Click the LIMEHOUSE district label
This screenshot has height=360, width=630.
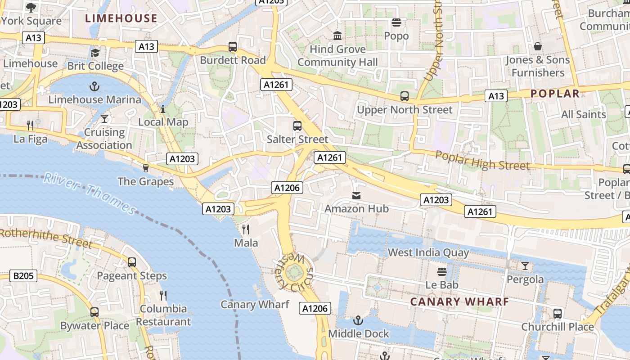[x=121, y=18]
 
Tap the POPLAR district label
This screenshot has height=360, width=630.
[x=555, y=94]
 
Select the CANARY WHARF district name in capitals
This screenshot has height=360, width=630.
[x=459, y=301]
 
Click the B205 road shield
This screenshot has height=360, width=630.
[x=23, y=276]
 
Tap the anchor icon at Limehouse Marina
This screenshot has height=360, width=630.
[x=94, y=86]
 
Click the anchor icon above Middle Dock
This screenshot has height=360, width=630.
[x=358, y=320]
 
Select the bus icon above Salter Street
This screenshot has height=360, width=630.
[x=297, y=126]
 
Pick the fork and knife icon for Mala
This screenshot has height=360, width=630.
[x=246, y=229]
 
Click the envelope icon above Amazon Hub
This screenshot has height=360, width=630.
[x=356, y=196]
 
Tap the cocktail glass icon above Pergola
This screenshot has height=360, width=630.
[x=525, y=266]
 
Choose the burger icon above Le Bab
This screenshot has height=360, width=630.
[x=442, y=271]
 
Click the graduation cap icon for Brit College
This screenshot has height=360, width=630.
[x=95, y=53]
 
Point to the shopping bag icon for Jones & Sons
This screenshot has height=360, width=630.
[x=537, y=46]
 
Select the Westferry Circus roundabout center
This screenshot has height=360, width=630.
[x=294, y=271]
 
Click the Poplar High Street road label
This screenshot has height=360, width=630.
[x=482, y=161]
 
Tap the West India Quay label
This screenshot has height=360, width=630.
[x=428, y=252]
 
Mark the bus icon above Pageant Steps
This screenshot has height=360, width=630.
[x=132, y=262]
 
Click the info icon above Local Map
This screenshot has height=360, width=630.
[x=163, y=109]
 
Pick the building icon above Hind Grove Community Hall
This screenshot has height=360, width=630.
[x=337, y=36]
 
